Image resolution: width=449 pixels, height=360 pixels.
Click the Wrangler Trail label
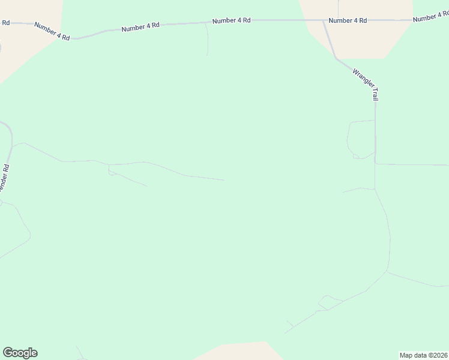[x=366, y=84]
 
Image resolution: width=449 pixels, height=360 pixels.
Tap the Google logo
[x=20, y=353]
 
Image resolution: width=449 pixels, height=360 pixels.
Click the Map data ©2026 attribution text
[x=424, y=355]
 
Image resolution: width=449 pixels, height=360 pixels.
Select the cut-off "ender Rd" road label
[x=5, y=178]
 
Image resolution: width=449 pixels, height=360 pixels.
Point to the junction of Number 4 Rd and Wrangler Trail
[x=324, y=20]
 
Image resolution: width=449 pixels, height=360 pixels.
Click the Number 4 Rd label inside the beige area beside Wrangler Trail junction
[x=348, y=20]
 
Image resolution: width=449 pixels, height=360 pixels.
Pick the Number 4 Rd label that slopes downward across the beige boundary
[x=52, y=31]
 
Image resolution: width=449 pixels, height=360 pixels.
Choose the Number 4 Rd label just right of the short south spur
[x=231, y=20]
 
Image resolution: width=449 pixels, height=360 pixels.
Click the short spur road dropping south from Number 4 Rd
[x=208, y=40]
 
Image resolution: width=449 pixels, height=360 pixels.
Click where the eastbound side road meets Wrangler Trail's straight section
[x=375, y=163]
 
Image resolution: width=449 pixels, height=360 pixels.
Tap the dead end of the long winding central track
[x=224, y=179]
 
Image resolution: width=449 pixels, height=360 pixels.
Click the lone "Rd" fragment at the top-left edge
[x=5, y=23]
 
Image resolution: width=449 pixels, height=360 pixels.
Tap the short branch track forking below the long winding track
[x=128, y=179]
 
